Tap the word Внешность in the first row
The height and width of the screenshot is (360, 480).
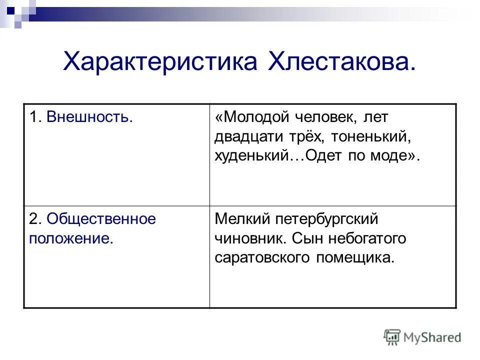tap(90, 118)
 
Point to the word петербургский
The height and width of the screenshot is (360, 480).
tap(327, 219)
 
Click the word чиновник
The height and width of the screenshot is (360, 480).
tap(248, 238)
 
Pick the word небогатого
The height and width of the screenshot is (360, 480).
tap(367, 238)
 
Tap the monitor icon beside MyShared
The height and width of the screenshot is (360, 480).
tap(392, 337)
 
